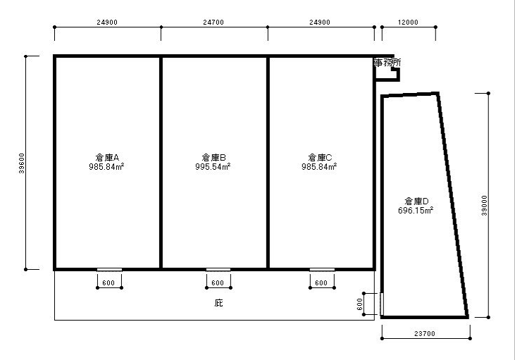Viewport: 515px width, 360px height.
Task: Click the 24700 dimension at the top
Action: pyautogui.click(x=213, y=23)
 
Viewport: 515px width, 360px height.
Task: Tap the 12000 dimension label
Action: pyautogui.click(x=408, y=23)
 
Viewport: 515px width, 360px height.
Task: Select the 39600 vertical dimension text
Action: pyautogui.click(x=22, y=163)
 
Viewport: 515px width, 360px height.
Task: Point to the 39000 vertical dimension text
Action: pyautogui.click(x=484, y=206)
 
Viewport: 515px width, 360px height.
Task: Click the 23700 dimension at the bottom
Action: pyautogui.click(x=425, y=334)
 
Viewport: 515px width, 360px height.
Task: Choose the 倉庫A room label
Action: pyautogui.click(x=107, y=157)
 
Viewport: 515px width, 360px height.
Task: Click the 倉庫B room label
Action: pyautogui.click(x=213, y=157)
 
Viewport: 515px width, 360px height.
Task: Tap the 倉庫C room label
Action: pyautogui.click(x=320, y=157)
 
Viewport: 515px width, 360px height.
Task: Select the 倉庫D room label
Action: pyautogui.click(x=416, y=201)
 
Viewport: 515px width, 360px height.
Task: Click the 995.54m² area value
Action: pyautogui.click(x=213, y=166)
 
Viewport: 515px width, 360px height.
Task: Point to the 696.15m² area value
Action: pyautogui.click(x=416, y=210)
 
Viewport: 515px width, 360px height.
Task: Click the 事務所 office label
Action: pyautogui.click(x=387, y=63)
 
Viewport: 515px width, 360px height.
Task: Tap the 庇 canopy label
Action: pyautogui.click(x=218, y=302)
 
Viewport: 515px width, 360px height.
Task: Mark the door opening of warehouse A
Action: pyautogui.click(x=109, y=270)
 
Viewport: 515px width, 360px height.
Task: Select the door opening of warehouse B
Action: pyautogui.click(x=218, y=270)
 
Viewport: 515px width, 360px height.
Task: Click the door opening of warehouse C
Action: pyautogui.click(x=322, y=270)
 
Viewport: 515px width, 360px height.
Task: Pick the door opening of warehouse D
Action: pyautogui.click(x=382, y=304)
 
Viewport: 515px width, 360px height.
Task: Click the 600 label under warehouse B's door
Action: pyautogui.click(x=218, y=283)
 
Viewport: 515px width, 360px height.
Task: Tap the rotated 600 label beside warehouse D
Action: pyautogui.click(x=359, y=304)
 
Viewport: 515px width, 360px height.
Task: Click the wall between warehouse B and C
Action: pyautogui.click(x=268, y=163)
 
